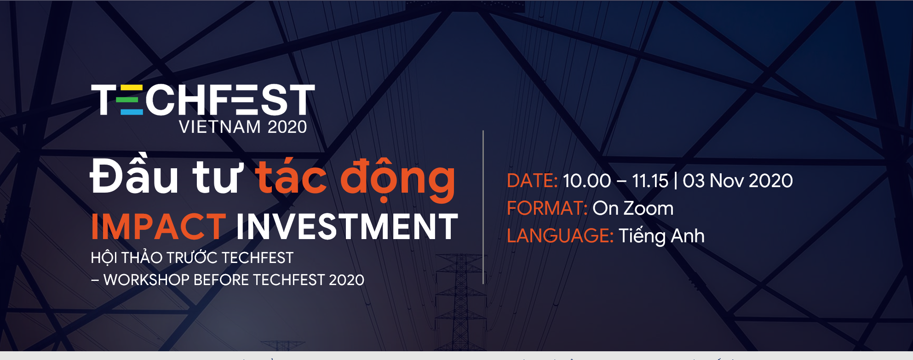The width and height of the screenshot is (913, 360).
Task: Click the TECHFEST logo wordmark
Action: click(203, 99)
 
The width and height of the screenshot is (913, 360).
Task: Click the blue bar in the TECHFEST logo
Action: click(131, 112)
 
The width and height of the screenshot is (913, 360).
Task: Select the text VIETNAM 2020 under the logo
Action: click(243, 127)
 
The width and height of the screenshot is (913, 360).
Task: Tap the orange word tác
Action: click(291, 175)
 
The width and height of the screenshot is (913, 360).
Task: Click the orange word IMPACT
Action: click(158, 227)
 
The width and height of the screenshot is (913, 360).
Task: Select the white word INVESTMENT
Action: click(347, 227)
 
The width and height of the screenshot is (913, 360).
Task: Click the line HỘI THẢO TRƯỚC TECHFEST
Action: click(192, 257)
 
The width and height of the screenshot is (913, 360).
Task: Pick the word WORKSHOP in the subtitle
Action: click(147, 280)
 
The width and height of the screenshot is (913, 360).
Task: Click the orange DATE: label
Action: click(532, 181)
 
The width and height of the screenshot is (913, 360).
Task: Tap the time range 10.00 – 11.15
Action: click(615, 181)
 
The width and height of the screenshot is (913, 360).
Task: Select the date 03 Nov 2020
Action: click(738, 181)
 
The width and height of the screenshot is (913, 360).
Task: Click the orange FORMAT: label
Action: click(547, 208)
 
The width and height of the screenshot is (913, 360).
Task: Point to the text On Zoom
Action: click(633, 209)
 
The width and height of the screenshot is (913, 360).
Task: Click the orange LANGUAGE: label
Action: click(560, 236)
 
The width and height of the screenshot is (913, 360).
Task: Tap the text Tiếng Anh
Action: click(661, 235)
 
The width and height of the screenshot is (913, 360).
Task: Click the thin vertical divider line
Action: click(483, 207)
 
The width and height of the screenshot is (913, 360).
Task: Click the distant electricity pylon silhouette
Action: click(460, 302)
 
